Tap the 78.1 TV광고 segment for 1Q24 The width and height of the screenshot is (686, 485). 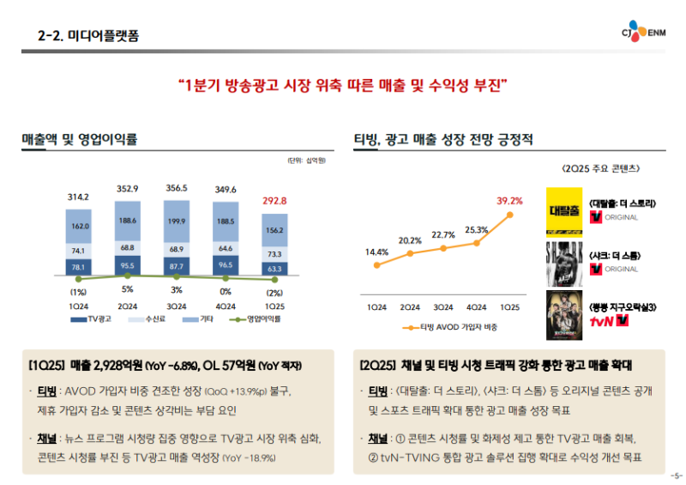point(79,268)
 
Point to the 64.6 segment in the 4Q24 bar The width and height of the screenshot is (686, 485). point(226,248)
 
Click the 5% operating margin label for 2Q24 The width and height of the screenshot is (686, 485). point(128,289)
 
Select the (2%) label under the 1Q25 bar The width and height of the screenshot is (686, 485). point(274,292)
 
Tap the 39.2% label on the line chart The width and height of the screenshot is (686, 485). point(509,201)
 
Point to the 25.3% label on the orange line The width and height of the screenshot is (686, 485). point(477,229)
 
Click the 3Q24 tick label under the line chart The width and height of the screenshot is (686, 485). point(443,306)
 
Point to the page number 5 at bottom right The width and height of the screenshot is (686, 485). point(677,476)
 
